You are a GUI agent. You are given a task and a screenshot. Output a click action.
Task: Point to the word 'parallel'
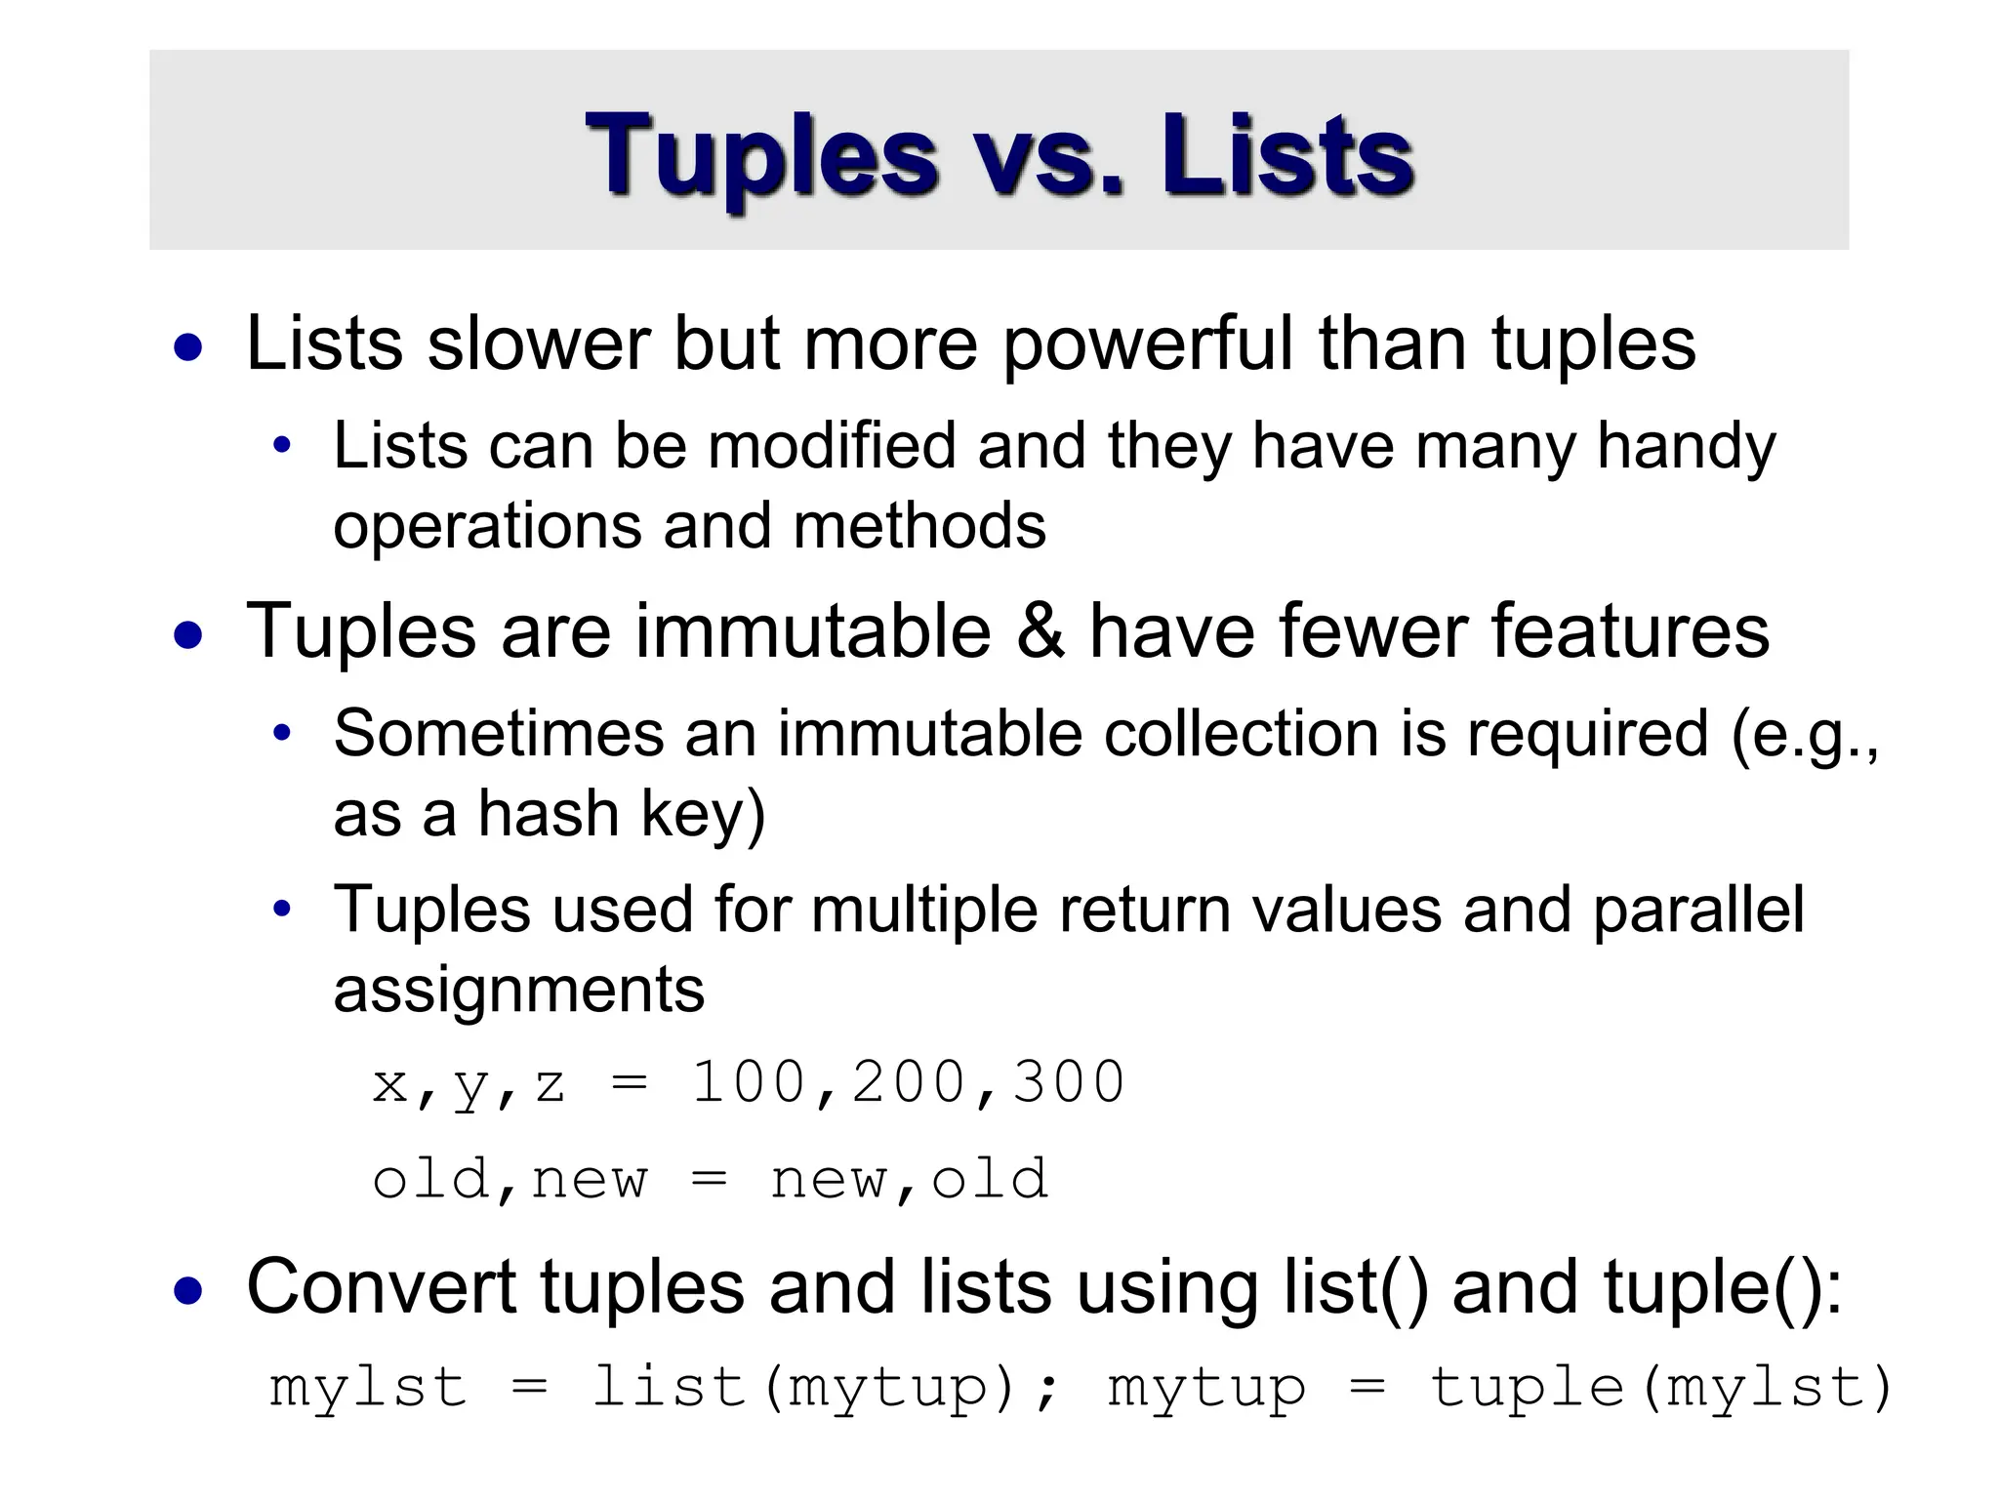1698,911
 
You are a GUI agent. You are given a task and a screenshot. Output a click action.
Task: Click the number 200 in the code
908,1083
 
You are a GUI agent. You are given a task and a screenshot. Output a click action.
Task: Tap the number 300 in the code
1069,1083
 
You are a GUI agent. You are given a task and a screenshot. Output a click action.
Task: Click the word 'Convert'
381,1287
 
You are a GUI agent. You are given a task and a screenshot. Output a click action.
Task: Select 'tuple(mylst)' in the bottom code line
1659,1388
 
